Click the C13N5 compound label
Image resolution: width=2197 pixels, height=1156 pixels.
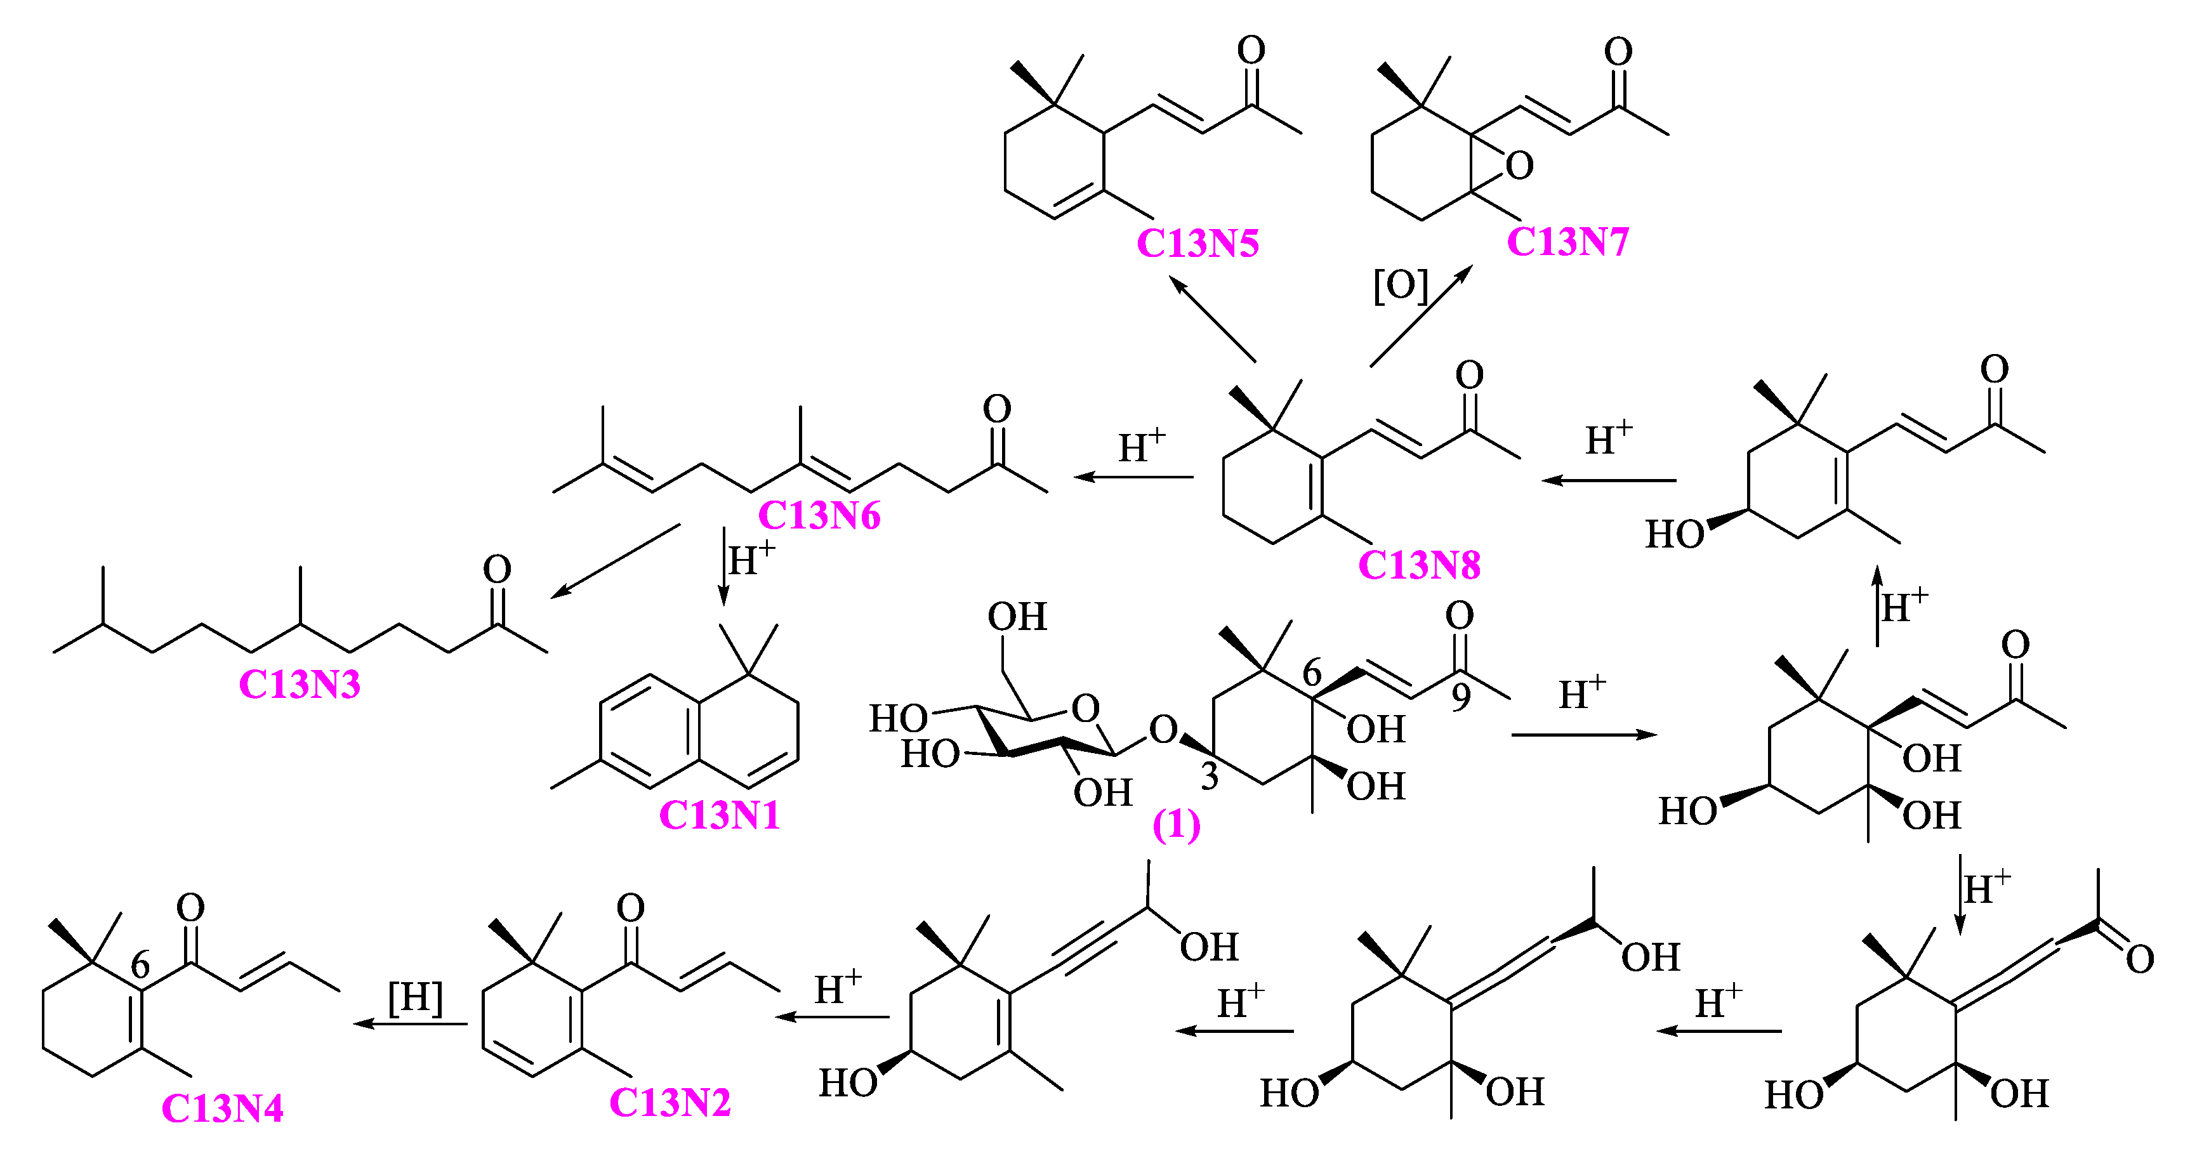1197,244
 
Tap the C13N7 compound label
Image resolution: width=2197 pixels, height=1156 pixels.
1567,242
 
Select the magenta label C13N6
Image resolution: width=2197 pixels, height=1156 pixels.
819,516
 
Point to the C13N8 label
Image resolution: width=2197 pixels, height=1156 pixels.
1419,565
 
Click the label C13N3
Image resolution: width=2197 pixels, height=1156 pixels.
300,685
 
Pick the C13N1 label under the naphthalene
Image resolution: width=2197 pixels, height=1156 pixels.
719,816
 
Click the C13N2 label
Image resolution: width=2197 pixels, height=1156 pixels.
670,1103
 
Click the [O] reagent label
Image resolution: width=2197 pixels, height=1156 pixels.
1399,286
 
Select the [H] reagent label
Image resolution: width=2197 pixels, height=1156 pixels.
416,997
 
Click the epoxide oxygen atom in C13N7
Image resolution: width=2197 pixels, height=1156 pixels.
1519,166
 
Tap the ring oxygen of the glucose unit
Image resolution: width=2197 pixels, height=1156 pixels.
1085,709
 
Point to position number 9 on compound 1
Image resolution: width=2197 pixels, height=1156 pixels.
1461,697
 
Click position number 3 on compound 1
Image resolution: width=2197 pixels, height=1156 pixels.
1210,777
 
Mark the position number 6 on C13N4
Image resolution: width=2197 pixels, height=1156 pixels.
141,965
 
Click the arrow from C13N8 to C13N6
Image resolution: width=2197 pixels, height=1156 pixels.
1133,477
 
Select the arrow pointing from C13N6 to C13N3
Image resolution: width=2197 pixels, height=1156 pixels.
615,561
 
